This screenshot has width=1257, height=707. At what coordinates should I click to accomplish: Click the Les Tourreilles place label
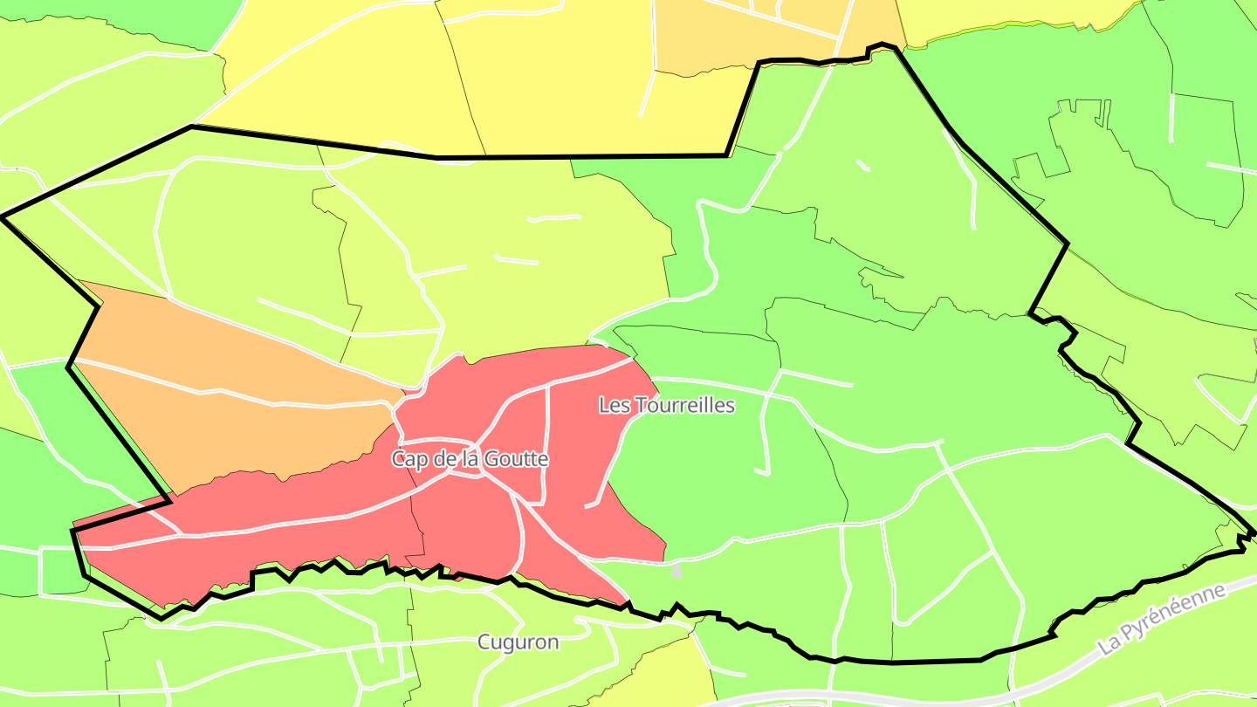pyautogui.click(x=667, y=406)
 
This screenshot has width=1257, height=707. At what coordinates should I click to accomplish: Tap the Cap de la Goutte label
pyautogui.click(x=470, y=459)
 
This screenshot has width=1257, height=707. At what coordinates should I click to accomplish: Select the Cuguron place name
pyautogui.click(x=518, y=642)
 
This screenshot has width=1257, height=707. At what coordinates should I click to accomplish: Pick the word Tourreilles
pyautogui.click(x=684, y=406)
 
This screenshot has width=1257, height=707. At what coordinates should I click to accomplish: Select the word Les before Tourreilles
pyautogui.click(x=614, y=406)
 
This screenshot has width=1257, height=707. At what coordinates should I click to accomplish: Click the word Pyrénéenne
pyautogui.click(x=1174, y=613)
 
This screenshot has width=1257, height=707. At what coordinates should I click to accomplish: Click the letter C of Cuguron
pyautogui.click(x=484, y=642)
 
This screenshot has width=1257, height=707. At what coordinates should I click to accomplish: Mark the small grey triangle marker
pyautogui.click(x=677, y=571)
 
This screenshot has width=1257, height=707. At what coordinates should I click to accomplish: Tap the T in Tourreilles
pyautogui.click(x=640, y=406)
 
